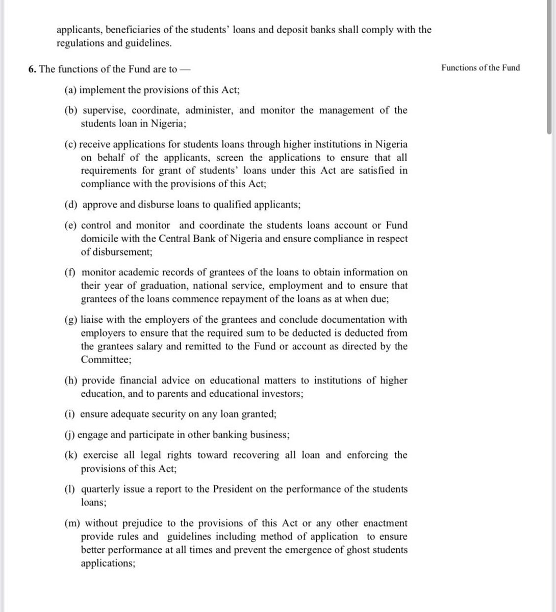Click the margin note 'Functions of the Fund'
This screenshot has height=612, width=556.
[481, 68]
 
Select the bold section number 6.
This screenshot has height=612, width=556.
[32, 69]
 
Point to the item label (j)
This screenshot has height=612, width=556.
[70, 435]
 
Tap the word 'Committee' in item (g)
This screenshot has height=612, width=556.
[105, 360]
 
